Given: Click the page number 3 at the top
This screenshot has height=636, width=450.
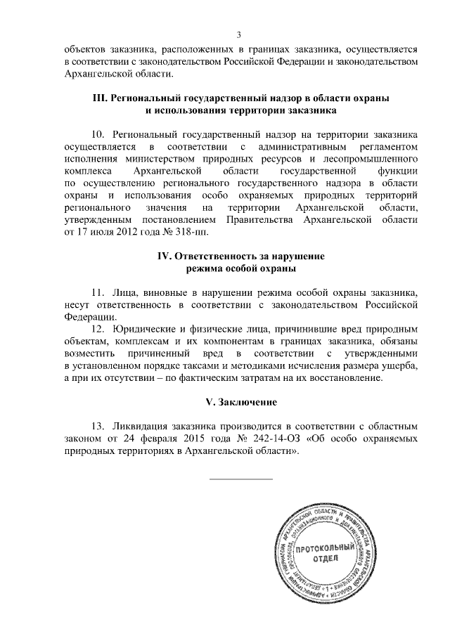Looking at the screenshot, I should (239, 35).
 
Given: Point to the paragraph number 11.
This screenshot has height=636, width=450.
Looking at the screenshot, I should (98, 292).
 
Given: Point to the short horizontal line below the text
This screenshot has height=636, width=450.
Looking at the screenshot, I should (241, 479).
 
